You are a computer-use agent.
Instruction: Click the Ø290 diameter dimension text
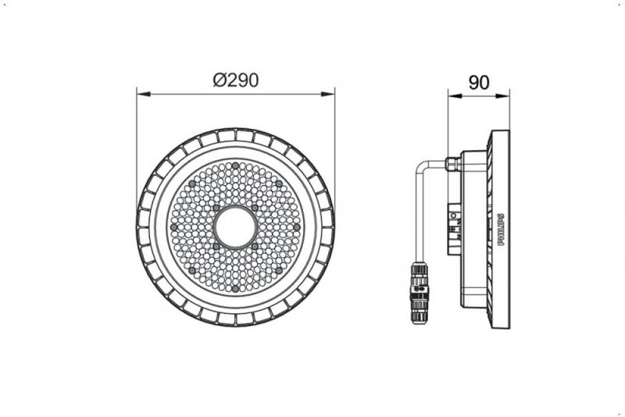(235, 80)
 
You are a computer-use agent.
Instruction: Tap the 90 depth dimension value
(478, 81)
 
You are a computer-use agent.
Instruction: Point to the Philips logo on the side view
(501, 227)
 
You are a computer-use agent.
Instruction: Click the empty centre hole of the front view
(235, 226)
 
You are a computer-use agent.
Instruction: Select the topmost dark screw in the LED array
(235, 164)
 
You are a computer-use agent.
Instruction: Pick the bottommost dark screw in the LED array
(235, 290)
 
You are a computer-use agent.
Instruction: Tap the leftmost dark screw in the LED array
(173, 226)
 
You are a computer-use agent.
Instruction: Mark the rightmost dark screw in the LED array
(298, 226)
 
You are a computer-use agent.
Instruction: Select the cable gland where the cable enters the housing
(452, 165)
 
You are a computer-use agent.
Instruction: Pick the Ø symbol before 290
(219, 80)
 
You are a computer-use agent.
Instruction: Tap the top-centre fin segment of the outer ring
(235, 136)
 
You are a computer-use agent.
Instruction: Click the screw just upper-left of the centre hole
(216, 208)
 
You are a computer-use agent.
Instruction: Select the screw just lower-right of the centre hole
(255, 246)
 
